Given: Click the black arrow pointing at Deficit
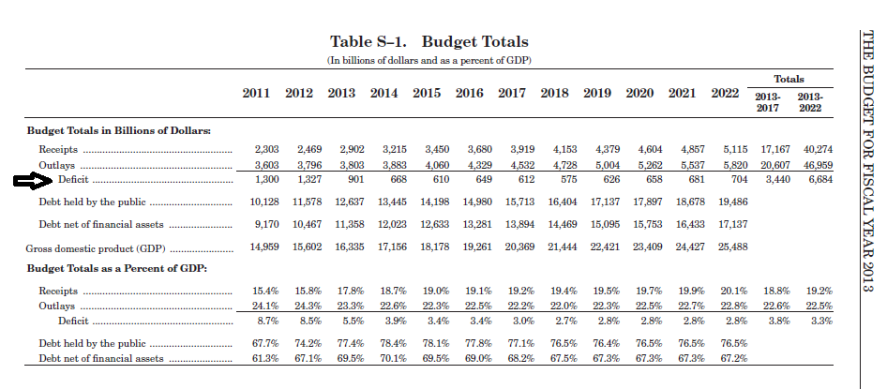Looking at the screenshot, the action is (33, 181).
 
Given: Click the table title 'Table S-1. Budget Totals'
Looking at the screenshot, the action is (429, 42).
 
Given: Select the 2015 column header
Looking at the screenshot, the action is (427, 94).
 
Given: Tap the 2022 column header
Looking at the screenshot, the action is (725, 94).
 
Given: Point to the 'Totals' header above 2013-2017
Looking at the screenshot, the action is (789, 79).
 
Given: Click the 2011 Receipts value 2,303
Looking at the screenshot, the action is (267, 150).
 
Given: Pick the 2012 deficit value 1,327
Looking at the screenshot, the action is (309, 180).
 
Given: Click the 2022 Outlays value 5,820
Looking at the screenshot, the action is (735, 166).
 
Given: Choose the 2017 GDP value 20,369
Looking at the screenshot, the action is (519, 247).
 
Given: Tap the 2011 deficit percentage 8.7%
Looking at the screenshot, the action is (266, 322).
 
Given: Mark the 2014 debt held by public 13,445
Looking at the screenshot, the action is (392, 202).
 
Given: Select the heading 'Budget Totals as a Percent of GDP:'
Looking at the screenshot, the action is (117, 268).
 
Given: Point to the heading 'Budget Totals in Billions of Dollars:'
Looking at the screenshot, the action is (119, 130).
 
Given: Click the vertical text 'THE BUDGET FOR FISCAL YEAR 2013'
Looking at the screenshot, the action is (867, 160).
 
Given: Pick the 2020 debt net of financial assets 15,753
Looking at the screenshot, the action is (648, 224).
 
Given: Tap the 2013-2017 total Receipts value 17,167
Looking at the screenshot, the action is (775, 150).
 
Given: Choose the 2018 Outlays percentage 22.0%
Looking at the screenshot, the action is (564, 307).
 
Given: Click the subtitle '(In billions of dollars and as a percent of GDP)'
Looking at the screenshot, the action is (429, 61).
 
